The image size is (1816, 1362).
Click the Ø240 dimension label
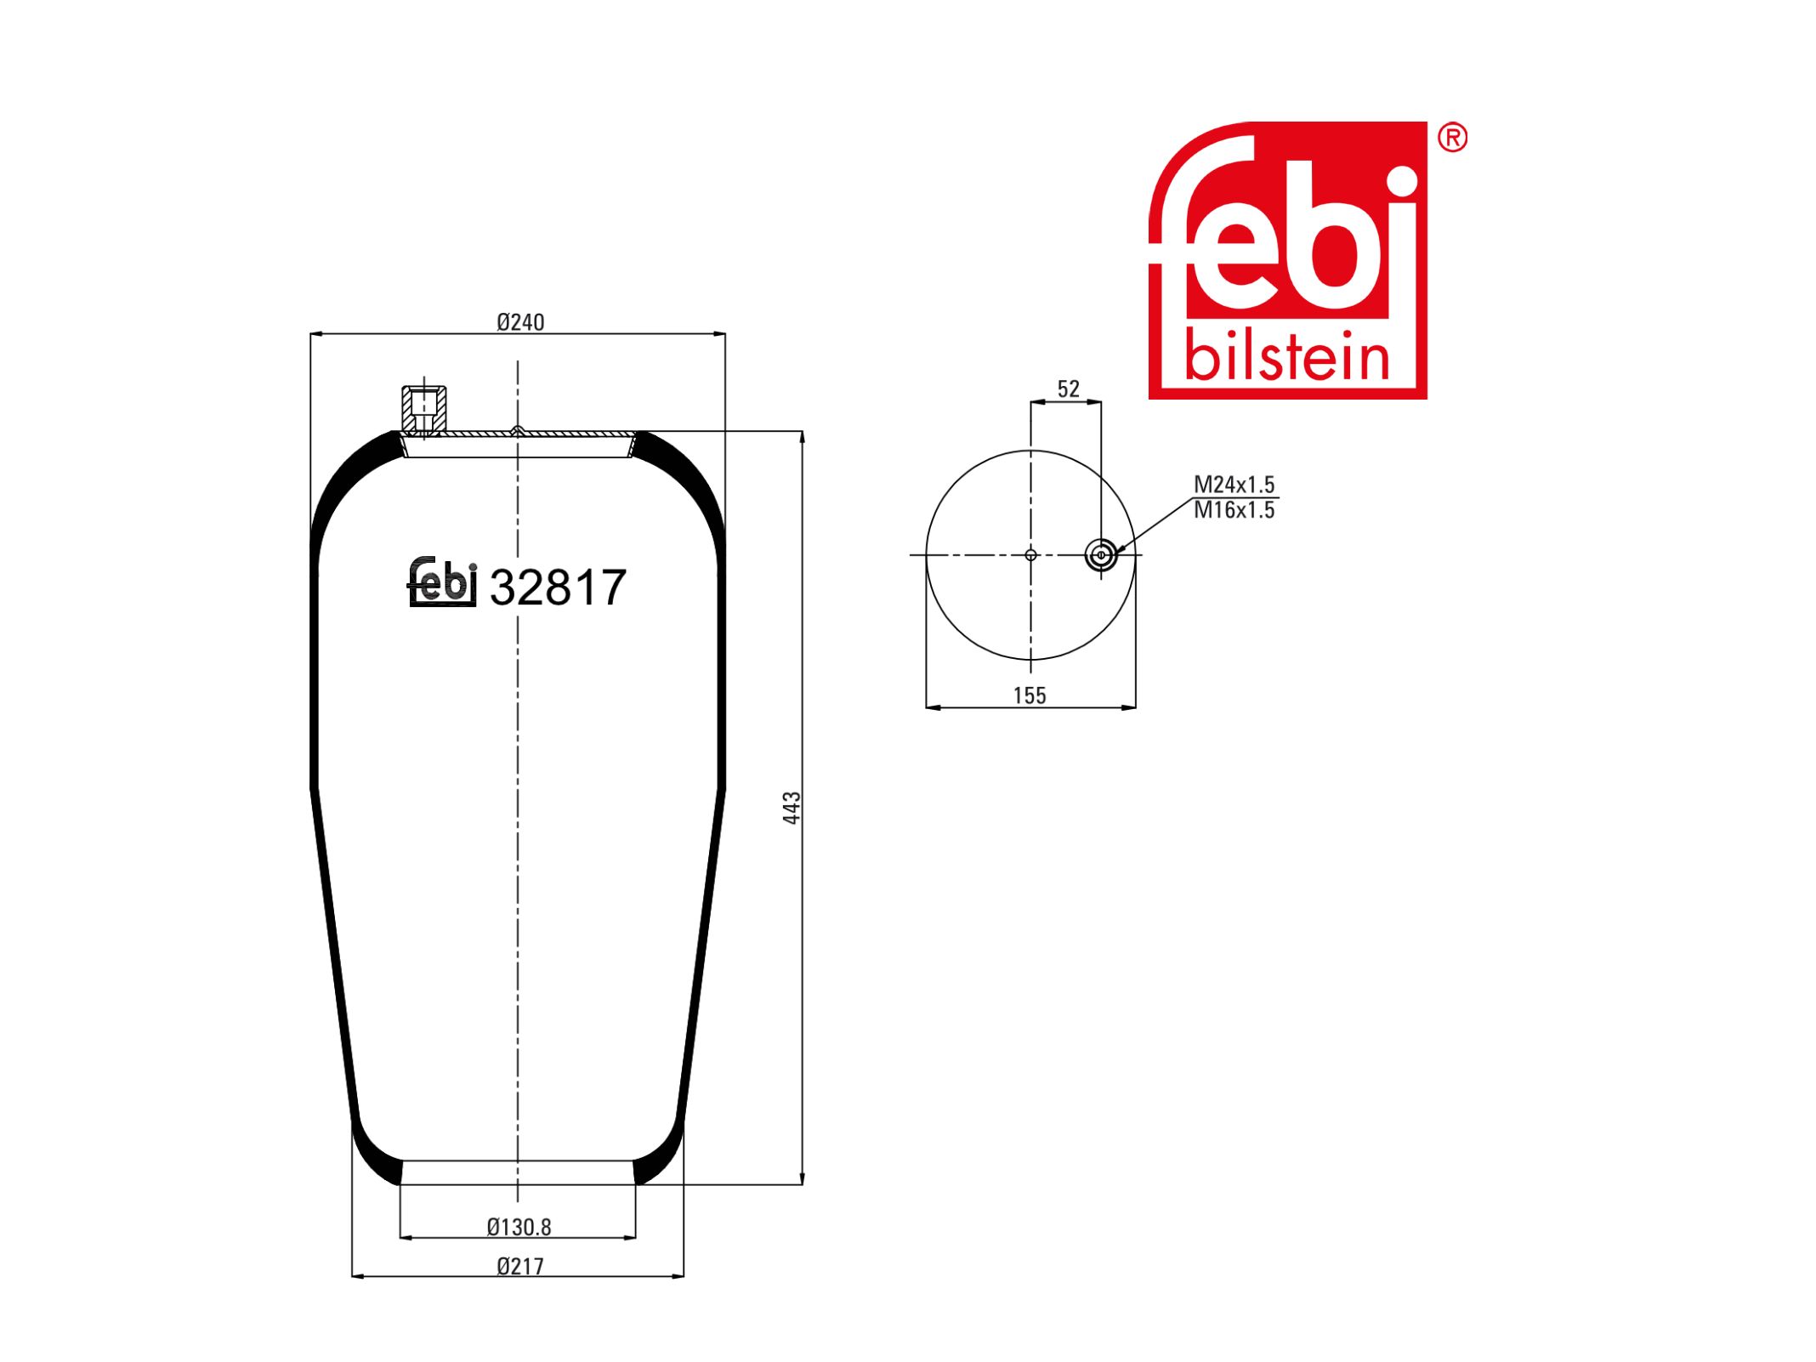point(520,322)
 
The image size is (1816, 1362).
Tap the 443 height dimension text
point(792,808)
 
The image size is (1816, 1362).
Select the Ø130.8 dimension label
point(519,1227)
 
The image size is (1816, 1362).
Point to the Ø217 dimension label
point(520,1266)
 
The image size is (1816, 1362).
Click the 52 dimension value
point(1069,389)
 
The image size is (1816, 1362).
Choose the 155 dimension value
point(1030,695)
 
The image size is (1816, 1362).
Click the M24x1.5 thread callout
point(1234,485)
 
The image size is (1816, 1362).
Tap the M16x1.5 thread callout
point(1234,510)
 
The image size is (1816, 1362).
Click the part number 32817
point(558,587)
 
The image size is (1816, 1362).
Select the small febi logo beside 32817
point(442,582)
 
